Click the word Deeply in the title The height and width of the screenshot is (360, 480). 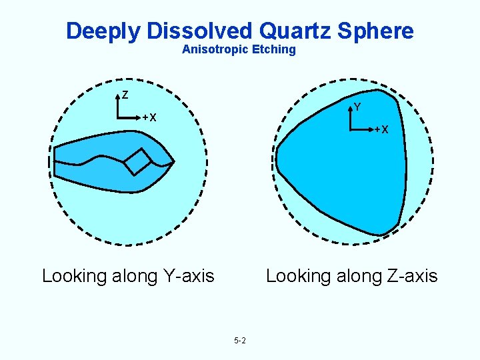[x=102, y=31]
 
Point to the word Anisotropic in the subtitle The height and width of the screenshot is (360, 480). [x=213, y=50]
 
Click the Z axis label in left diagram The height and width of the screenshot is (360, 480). [x=125, y=95]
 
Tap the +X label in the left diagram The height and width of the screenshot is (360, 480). [x=149, y=118]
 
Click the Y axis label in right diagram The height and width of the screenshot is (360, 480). [x=357, y=107]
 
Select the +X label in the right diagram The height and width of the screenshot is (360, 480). [x=381, y=129]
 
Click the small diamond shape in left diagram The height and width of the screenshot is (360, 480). [x=137, y=161]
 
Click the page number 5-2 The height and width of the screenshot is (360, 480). [x=240, y=341]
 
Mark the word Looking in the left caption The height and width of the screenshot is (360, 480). [x=73, y=275]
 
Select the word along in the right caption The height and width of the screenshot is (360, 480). [x=353, y=275]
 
